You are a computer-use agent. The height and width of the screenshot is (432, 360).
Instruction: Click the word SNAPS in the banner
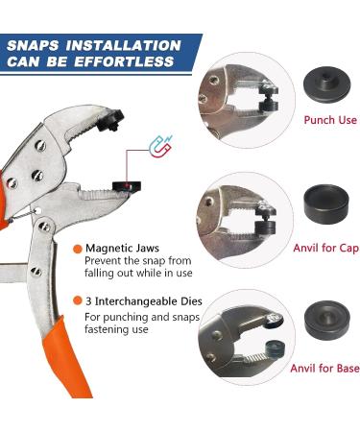coord(33,46)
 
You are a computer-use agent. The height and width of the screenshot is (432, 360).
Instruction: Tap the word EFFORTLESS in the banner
coord(124,61)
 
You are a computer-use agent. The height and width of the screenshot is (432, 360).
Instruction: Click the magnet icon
coord(161,147)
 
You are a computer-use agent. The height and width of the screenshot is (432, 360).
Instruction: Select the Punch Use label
coord(330,120)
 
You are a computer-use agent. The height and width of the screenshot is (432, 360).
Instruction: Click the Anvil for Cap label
coord(325,248)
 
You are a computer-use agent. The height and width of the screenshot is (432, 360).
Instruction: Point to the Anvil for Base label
coord(324,369)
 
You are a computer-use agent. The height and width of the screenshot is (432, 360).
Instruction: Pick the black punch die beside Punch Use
coord(326,84)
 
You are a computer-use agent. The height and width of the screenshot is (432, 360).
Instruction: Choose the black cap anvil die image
coord(326,204)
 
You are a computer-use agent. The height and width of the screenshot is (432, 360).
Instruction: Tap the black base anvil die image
coord(327,321)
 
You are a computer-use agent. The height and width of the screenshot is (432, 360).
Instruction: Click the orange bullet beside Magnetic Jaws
coord(78,249)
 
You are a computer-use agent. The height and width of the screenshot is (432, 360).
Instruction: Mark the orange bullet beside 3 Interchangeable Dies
coord(78,300)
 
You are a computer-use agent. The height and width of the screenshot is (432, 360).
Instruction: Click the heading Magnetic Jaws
coord(122,249)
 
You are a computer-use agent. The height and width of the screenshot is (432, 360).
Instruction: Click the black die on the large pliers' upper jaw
coord(110,120)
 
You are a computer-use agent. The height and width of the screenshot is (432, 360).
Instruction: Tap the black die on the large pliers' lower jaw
coord(127,186)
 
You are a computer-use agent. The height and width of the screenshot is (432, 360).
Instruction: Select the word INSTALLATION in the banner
coord(124,46)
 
